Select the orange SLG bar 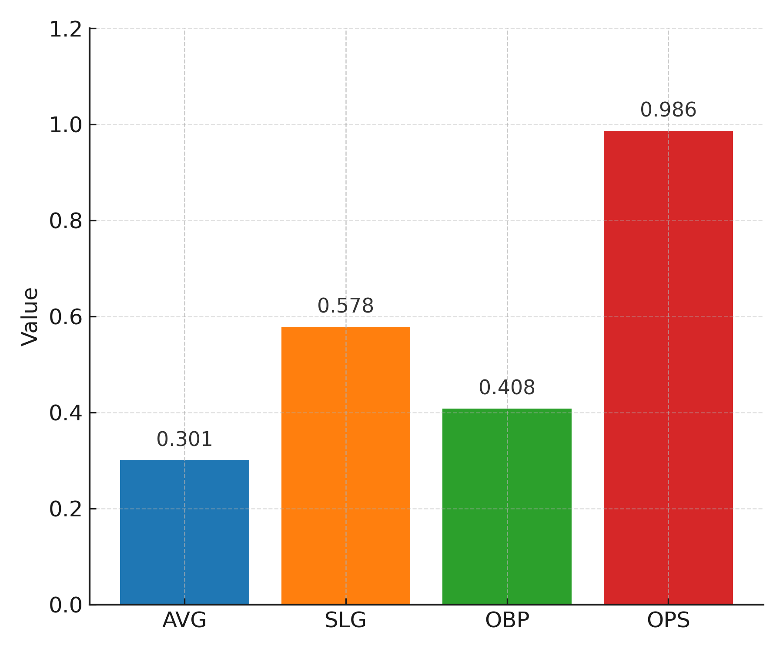pyautogui.click(x=346, y=465)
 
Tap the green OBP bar pyautogui.click(x=507, y=506)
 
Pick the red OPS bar pyautogui.click(x=668, y=367)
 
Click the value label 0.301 pyautogui.click(x=184, y=439)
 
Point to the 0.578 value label pyautogui.click(x=346, y=306)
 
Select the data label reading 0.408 pyautogui.click(x=507, y=388)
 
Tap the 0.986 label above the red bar pyautogui.click(x=668, y=110)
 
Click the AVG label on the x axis pyautogui.click(x=184, y=620)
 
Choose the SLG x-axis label pyautogui.click(x=346, y=620)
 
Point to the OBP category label pyautogui.click(x=507, y=620)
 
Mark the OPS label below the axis pyautogui.click(x=668, y=620)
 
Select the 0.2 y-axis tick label pyautogui.click(x=66, y=509)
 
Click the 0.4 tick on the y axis pyautogui.click(x=66, y=413)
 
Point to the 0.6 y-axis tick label pyautogui.click(x=66, y=317)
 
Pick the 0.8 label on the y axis pyautogui.click(x=66, y=221)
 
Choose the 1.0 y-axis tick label pyautogui.click(x=66, y=125)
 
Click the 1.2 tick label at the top pyautogui.click(x=66, y=30)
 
